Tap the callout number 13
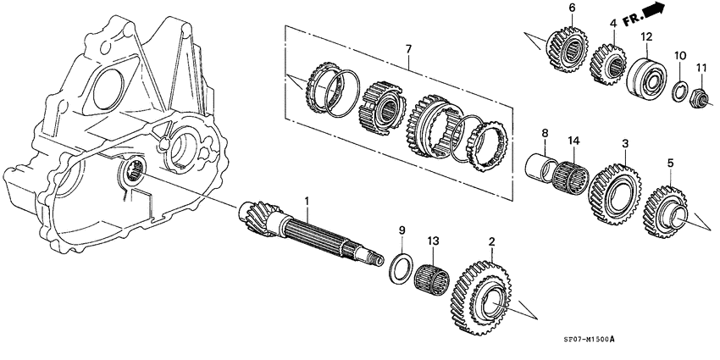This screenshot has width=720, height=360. click(x=433, y=241)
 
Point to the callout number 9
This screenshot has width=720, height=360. click(x=402, y=230)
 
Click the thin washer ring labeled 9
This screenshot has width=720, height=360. click(x=402, y=265)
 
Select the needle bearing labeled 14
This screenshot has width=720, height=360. click(x=570, y=174)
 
